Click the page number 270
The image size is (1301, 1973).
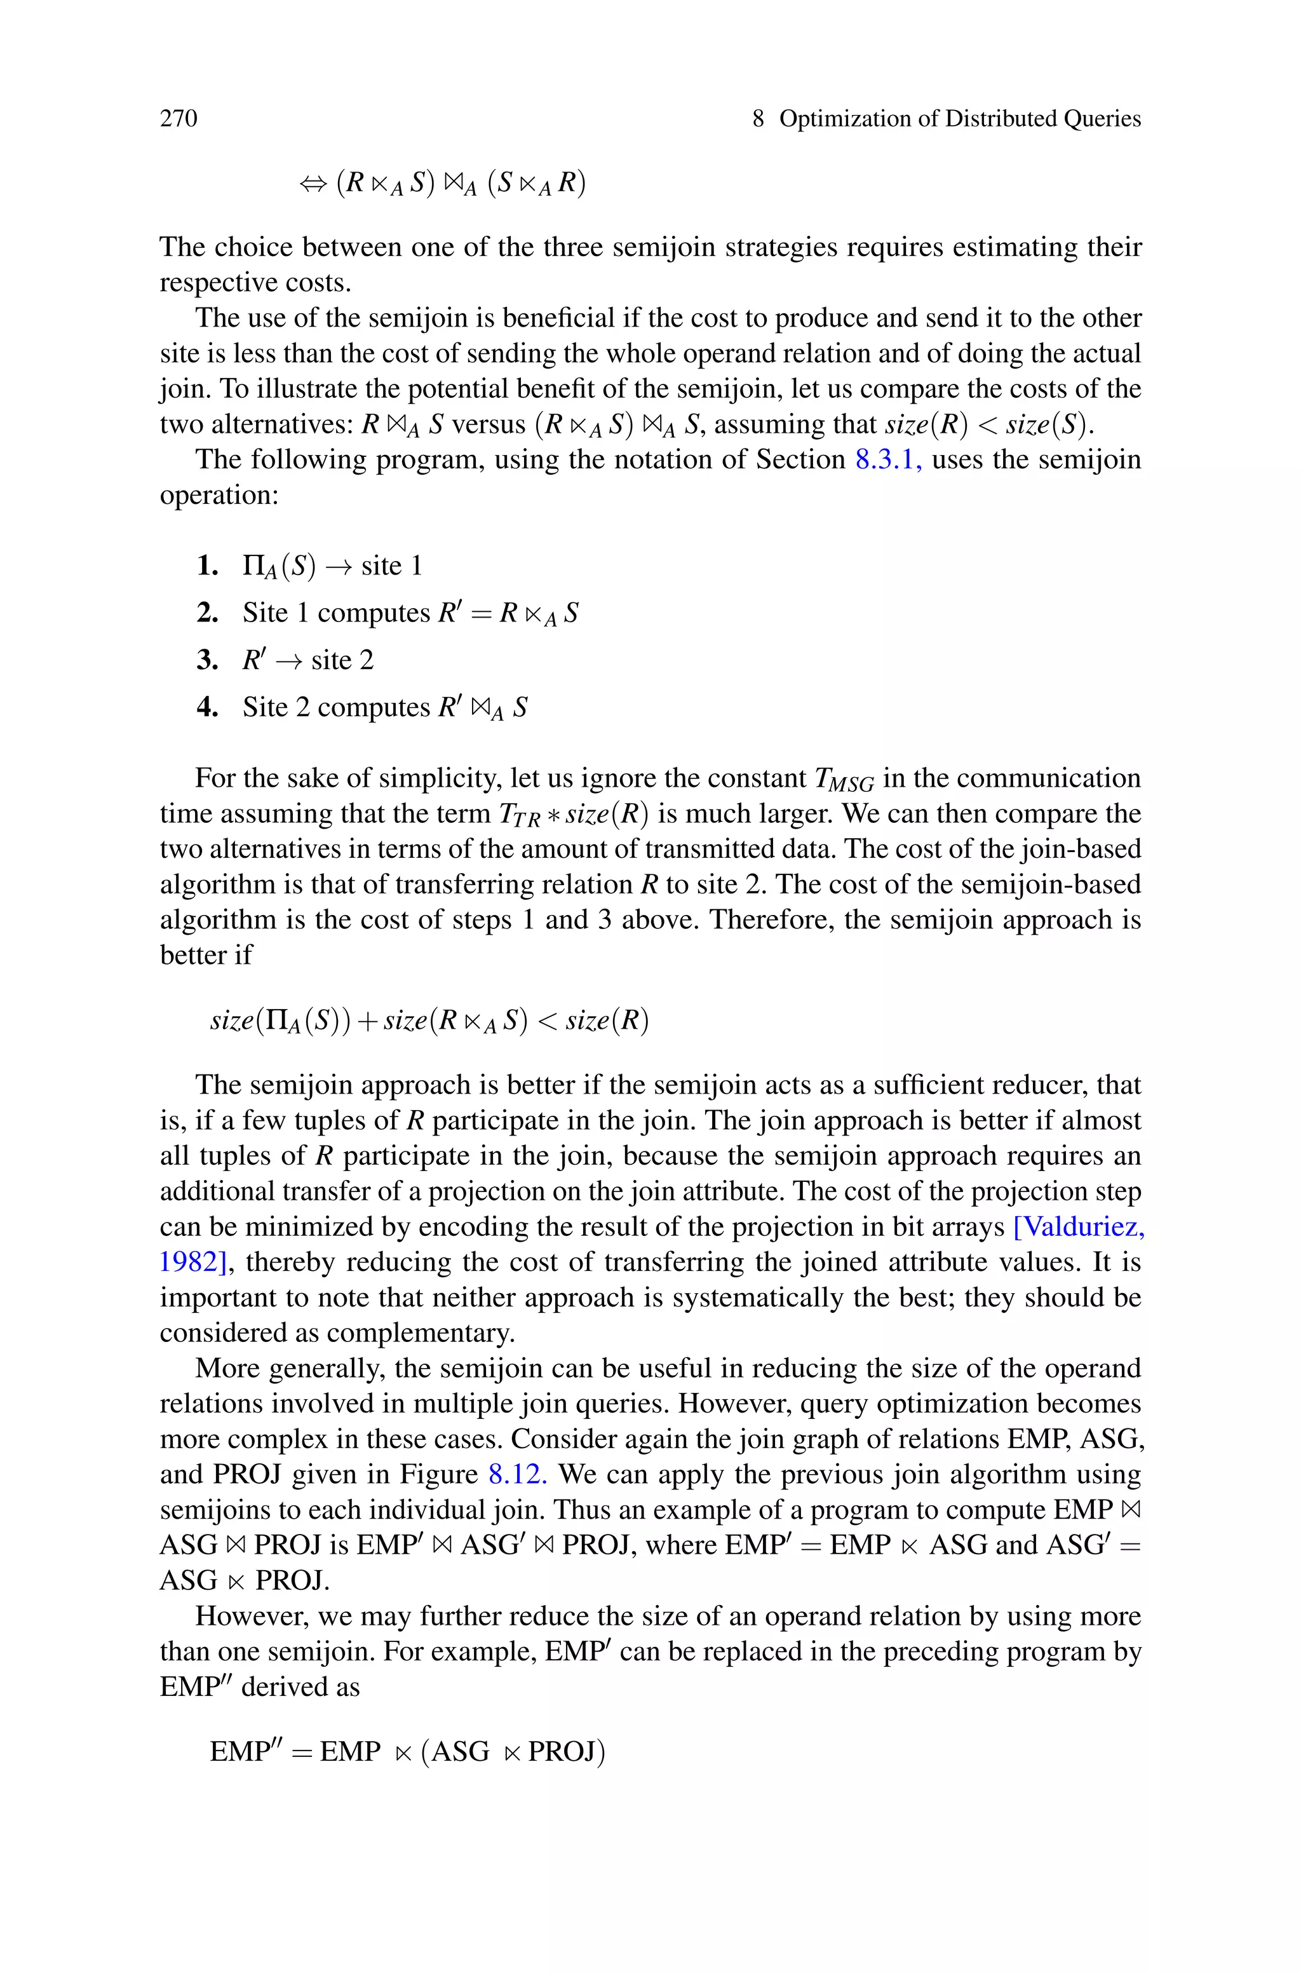[179, 119]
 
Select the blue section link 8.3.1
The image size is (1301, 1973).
[887, 459]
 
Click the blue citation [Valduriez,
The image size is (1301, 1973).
[1079, 1226]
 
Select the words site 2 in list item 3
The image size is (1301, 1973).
[342, 660]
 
